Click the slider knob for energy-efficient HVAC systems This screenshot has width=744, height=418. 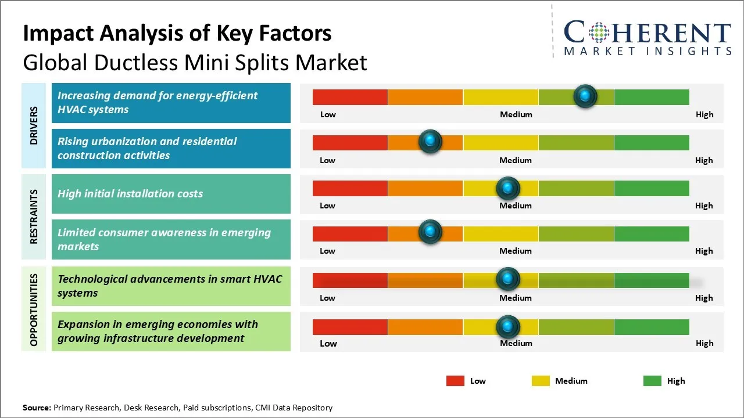[x=585, y=96]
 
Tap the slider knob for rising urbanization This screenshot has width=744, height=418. [x=430, y=142]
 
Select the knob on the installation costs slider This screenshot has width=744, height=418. [x=507, y=188]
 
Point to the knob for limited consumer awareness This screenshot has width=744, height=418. [x=430, y=232]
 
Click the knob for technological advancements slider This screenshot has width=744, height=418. [x=507, y=279]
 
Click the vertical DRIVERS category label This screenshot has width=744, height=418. [x=34, y=125]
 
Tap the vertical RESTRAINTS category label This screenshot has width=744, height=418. [x=34, y=217]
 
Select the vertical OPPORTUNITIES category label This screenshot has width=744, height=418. [x=34, y=309]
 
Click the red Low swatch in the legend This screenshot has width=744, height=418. [x=455, y=381]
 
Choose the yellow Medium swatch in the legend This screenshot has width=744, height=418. [x=541, y=381]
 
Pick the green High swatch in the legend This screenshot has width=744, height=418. [x=652, y=381]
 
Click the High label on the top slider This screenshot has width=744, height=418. [x=704, y=114]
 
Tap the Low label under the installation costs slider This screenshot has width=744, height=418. [x=327, y=206]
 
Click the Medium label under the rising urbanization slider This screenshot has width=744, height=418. [x=516, y=160]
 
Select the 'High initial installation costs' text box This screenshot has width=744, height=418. [x=171, y=194]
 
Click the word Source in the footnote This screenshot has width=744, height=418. [x=36, y=408]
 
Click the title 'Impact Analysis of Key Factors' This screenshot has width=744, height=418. [x=177, y=34]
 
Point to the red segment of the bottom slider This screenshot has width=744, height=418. [x=350, y=327]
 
